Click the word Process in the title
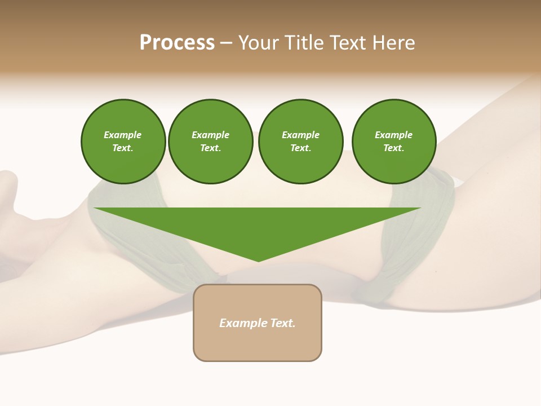point(177,43)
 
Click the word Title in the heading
point(302,43)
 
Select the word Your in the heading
point(259,43)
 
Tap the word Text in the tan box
point(283,323)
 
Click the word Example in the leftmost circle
point(123,135)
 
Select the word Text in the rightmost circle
point(393,148)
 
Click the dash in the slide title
point(227,43)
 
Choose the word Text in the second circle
point(210,148)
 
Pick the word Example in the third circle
point(300,135)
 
